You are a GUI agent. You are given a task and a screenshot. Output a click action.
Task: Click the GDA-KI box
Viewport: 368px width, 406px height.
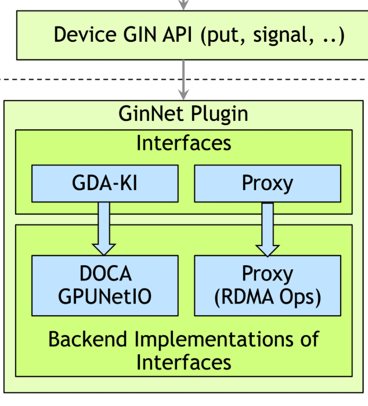104,183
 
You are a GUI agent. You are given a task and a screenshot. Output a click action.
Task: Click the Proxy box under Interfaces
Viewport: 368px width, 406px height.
267,183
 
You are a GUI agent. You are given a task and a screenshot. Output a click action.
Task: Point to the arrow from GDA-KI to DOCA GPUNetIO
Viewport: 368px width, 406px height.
104,228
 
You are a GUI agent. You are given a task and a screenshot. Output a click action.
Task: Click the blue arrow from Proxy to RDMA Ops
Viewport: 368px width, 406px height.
267,228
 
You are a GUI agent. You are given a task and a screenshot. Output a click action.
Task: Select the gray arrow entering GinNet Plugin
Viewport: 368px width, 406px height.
184,81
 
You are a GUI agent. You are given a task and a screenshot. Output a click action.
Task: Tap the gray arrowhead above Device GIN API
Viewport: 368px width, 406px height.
184,5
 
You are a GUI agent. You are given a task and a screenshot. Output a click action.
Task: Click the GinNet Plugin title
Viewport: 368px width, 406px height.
183,113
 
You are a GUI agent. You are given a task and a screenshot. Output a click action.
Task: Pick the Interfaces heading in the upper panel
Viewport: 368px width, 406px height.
183,143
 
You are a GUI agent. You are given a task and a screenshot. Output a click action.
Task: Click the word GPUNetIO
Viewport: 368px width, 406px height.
104,297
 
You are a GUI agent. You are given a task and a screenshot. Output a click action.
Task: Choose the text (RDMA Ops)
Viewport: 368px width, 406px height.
267,297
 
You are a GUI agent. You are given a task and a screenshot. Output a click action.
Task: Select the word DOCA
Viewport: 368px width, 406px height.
104,273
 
